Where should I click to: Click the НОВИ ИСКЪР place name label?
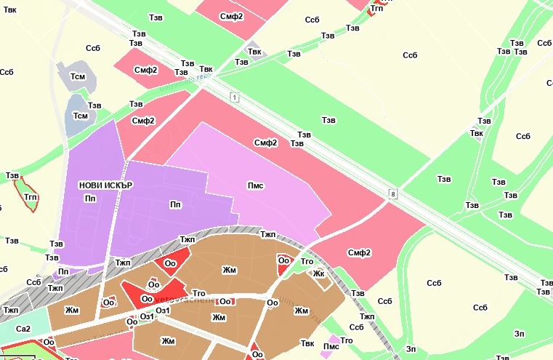[x=106, y=185]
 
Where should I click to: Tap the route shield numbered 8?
[x=393, y=194]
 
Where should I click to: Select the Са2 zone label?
[x=24, y=329]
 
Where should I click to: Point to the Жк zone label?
[x=318, y=274]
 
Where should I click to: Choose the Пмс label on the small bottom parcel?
[x=331, y=347]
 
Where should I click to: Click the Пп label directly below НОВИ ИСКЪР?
[x=89, y=199]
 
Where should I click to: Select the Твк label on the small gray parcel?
[x=254, y=51]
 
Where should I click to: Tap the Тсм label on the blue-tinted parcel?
[x=80, y=116]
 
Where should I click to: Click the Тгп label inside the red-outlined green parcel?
[x=31, y=197]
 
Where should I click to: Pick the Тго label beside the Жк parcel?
[x=307, y=261]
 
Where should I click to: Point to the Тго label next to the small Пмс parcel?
[x=347, y=340]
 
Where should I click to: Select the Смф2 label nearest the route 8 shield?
[x=359, y=253]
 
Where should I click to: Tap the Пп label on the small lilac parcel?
[x=63, y=271]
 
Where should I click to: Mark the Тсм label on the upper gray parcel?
[x=77, y=76]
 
